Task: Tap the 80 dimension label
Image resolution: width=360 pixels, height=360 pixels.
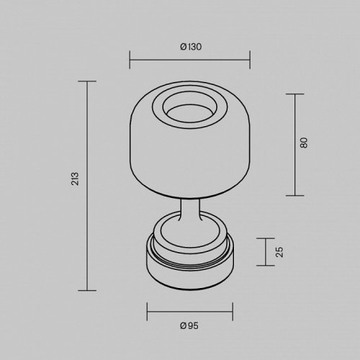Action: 305,143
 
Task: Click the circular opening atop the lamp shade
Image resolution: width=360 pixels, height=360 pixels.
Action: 189,109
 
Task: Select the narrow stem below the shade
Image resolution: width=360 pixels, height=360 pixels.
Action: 189,212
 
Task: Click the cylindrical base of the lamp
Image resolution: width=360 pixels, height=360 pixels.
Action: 189,277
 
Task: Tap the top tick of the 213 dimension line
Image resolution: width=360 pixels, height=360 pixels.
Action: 87,81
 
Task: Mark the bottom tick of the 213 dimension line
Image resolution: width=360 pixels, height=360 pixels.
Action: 87,289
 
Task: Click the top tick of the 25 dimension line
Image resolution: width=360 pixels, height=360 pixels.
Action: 264,237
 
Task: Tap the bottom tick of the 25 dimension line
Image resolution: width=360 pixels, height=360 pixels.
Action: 264,267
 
